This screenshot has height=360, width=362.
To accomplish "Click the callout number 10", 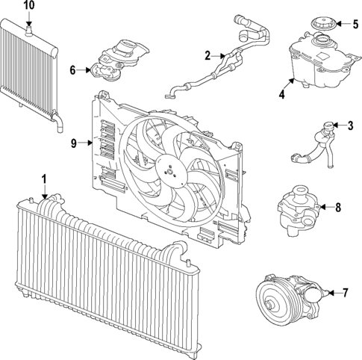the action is pyautogui.click(x=29, y=6).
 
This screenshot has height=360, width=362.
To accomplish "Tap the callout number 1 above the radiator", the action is pyautogui.click(x=44, y=179).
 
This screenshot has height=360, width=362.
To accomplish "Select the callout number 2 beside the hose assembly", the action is pyautogui.click(x=207, y=55).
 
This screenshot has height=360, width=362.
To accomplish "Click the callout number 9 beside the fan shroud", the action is pyautogui.click(x=74, y=143).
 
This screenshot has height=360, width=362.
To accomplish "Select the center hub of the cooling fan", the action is pyautogui.click(x=170, y=171).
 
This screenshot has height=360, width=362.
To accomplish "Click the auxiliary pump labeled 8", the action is pyautogui.click(x=299, y=211).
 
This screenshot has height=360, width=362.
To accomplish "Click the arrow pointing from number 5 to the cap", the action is pyautogui.click(x=343, y=24).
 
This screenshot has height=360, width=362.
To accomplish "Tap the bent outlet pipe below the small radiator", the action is pyautogui.click(x=57, y=122).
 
